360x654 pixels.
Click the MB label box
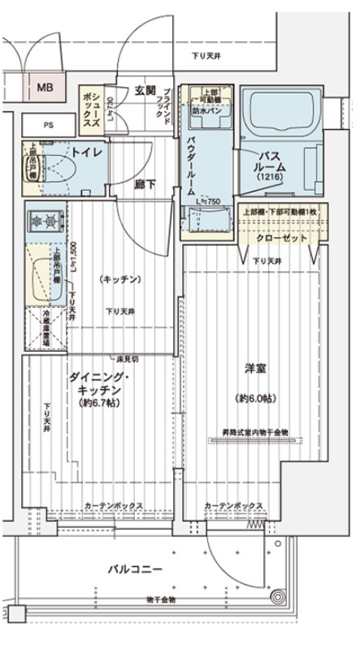[x=43, y=85]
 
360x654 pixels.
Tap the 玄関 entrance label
[x=145, y=90]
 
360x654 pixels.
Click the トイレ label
[x=85, y=152]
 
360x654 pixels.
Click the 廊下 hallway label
[x=145, y=184]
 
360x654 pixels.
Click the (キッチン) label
[x=120, y=279]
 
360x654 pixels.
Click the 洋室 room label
[x=256, y=369]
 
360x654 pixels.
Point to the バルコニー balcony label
[x=135, y=569]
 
